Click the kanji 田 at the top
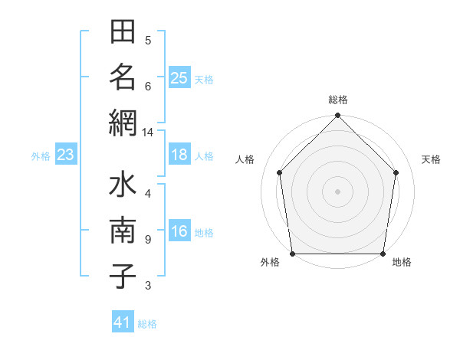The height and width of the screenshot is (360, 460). [123, 34]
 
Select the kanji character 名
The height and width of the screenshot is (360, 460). [123, 77]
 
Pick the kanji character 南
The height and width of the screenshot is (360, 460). [123, 231]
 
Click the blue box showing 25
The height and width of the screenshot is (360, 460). [179, 77]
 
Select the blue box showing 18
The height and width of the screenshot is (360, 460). [179, 155]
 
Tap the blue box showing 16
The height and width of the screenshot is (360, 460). [179, 232]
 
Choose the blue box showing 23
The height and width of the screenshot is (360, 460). [65, 155]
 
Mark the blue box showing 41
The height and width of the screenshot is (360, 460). [123, 322]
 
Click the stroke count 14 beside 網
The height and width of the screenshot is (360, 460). [147, 133]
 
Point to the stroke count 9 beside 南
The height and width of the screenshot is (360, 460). [147, 240]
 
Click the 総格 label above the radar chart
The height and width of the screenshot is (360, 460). [338, 100]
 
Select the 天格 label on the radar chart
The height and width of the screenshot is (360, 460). [431, 159]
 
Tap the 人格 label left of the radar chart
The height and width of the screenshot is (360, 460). [245, 159]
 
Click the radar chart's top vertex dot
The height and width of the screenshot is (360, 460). [338, 116]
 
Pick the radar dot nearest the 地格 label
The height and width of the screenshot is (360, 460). [383, 254]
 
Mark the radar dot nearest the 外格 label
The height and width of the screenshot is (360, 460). [293, 254]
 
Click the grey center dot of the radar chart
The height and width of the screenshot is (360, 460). [338, 191]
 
